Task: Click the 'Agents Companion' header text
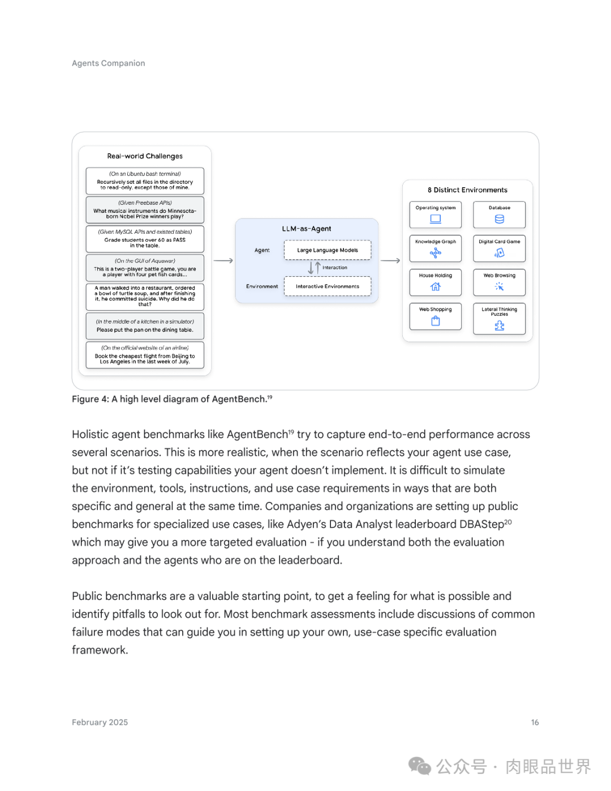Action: click(x=108, y=63)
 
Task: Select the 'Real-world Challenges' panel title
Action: click(x=145, y=156)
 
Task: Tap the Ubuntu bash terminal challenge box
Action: click(x=145, y=181)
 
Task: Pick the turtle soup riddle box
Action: click(x=145, y=296)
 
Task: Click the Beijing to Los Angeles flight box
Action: click(x=145, y=355)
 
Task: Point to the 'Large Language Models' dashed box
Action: click(x=328, y=250)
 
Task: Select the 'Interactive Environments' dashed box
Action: click(x=328, y=286)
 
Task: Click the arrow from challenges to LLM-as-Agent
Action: click(x=223, y=261)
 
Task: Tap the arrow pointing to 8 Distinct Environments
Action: click(x=390, y=261)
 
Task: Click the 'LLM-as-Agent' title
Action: click(x=307, y=229)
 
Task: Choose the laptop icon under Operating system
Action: click(x=436, y=219)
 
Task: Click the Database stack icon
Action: click(x=500, y=219)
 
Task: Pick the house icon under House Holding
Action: click(x=436, y=287)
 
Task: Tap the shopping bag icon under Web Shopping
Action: click(x=436, y=321)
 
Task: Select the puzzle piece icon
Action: click(x=500, y=325)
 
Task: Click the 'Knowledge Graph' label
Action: click(x=436, y=242)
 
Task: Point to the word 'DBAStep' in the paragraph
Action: click(x=481, y=525)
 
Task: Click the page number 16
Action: click(x=535, y=723)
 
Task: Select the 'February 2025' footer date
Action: click(x=100, y=723)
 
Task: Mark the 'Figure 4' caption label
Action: click(x=90, y=399)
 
